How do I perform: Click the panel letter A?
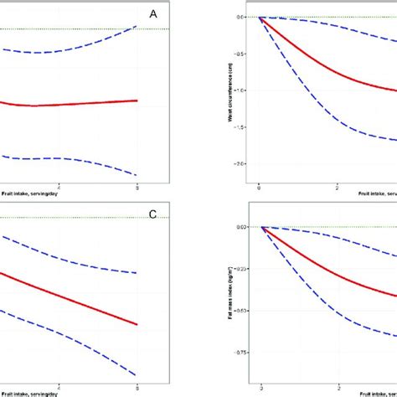pyautogui.click(x=152, y=13)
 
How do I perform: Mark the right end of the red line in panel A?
pyautogui.click(x=137, y=101)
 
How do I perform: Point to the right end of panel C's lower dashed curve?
pyautogui.click(x=137, y=374)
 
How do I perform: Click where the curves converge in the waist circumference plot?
pyautogui.click(x=260, y=17)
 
